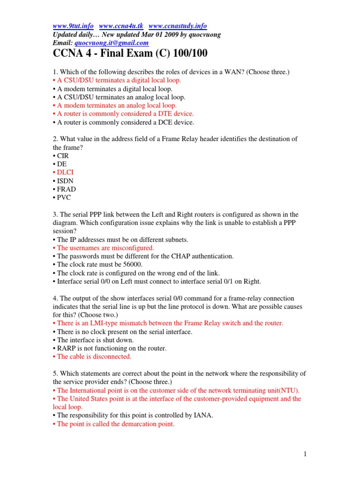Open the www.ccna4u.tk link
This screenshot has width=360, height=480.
[121, 26]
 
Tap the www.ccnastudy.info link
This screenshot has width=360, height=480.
[177, 26]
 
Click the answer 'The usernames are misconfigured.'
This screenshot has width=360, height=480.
[105, 247]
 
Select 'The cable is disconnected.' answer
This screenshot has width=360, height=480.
[94, 356]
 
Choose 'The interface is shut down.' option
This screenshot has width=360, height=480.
[95, 340]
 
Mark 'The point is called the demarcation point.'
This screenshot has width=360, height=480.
[115, 424]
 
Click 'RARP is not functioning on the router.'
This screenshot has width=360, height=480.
[112, 348]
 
